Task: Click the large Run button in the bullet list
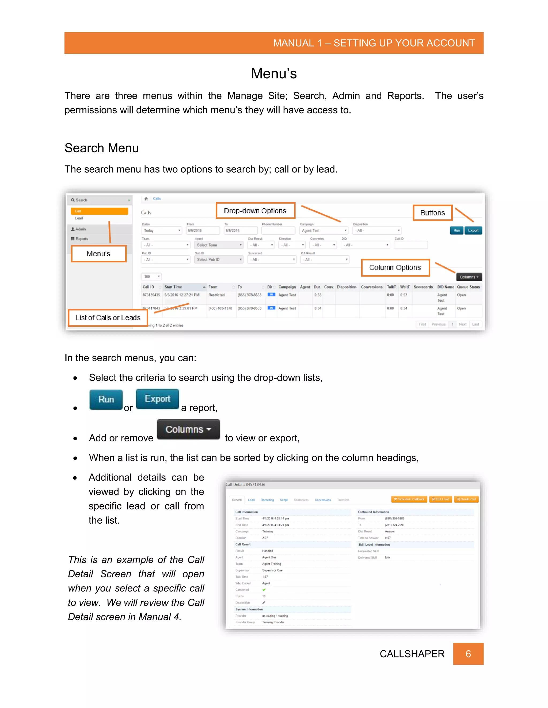(106, 399)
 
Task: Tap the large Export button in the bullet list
(157, 399)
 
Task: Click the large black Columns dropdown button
(188, 429)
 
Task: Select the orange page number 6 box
(468, 654)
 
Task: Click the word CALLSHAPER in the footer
(412, 654)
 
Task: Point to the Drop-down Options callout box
(255, 211)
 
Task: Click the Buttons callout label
(432, 213)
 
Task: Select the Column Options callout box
(395, 267)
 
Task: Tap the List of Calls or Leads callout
(108, 318)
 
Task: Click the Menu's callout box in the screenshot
(98, 254)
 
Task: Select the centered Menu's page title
(274, 73)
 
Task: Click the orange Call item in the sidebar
(99, 211)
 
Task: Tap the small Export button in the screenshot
(473, 231)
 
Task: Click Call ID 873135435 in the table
(151, 295)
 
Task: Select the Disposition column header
(347, 287)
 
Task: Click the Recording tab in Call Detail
(267, 500)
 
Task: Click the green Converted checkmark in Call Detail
(264, 590)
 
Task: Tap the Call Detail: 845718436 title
(245, 484)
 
